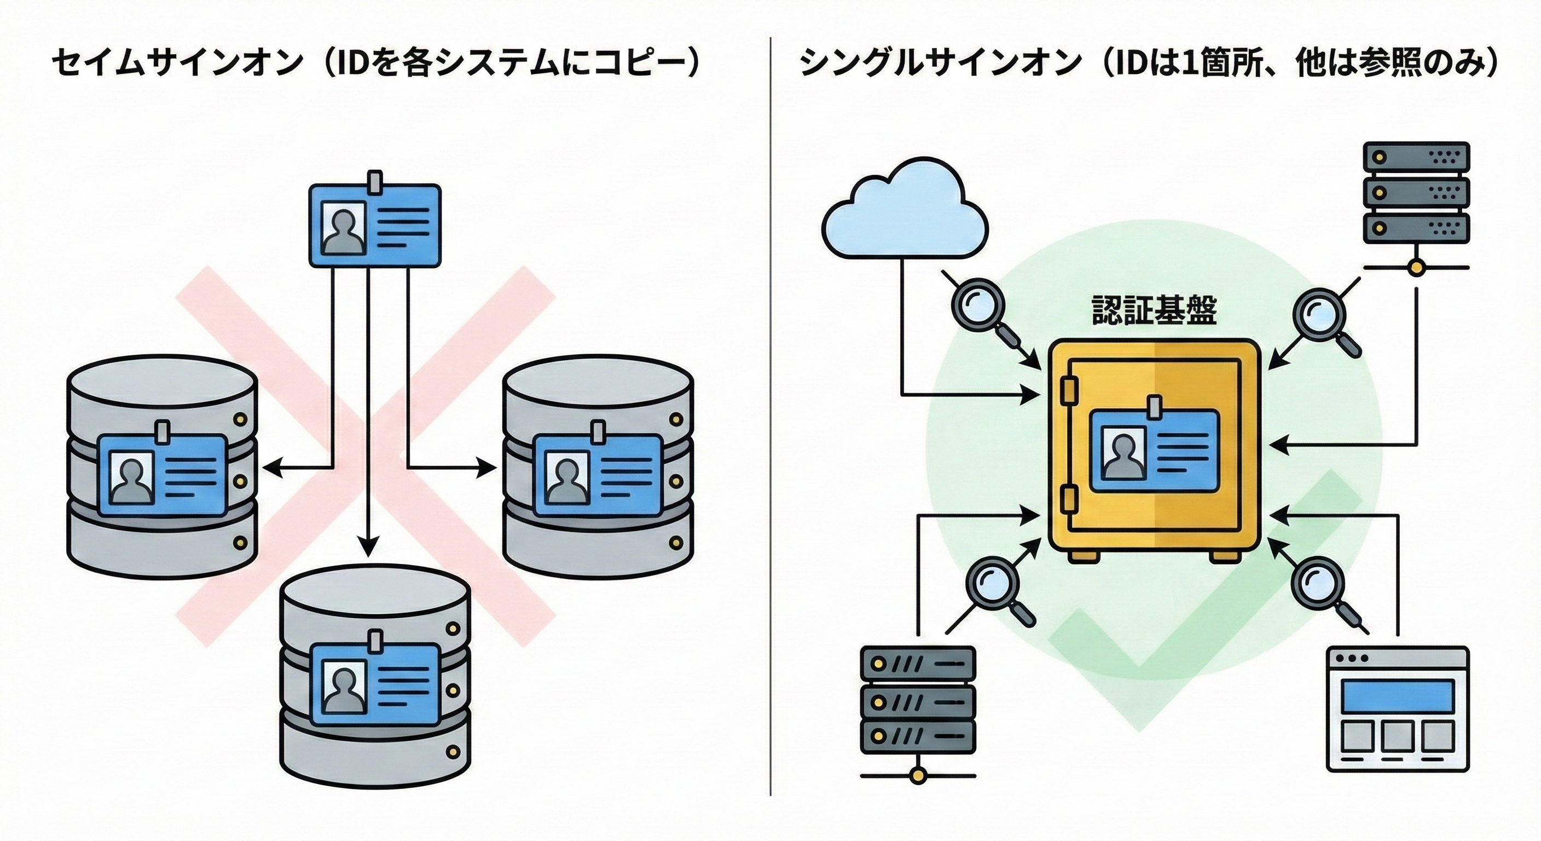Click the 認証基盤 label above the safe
click(x=1154, y=310)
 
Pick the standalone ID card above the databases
click(x=374, y=224)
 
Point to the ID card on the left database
click(x=162, y=474)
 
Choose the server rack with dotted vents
click(x=1415, y=193)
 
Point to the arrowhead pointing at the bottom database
click(x=368, y=547)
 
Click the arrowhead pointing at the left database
click(x=272, y=468)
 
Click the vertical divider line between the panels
click(x=770, y=419)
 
